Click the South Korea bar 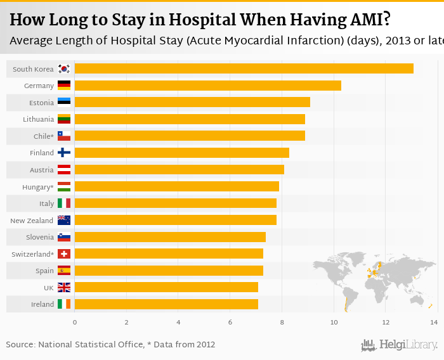(244, 68)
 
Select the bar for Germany (207, 86)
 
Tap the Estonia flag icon (64, 102)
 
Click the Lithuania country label (39, 119)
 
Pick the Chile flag (64, 136)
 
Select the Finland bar (181, 153)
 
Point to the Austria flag (64, 169)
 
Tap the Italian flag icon (64, 203)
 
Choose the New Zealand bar (175, 220)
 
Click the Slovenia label (40, 237)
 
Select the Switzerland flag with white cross (64, 254)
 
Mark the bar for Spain (169, 271)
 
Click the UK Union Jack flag (64, 287)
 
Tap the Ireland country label (42, 304)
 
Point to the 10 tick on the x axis (334, 323)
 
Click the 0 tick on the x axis (75, 323)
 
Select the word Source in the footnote (20, 345)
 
